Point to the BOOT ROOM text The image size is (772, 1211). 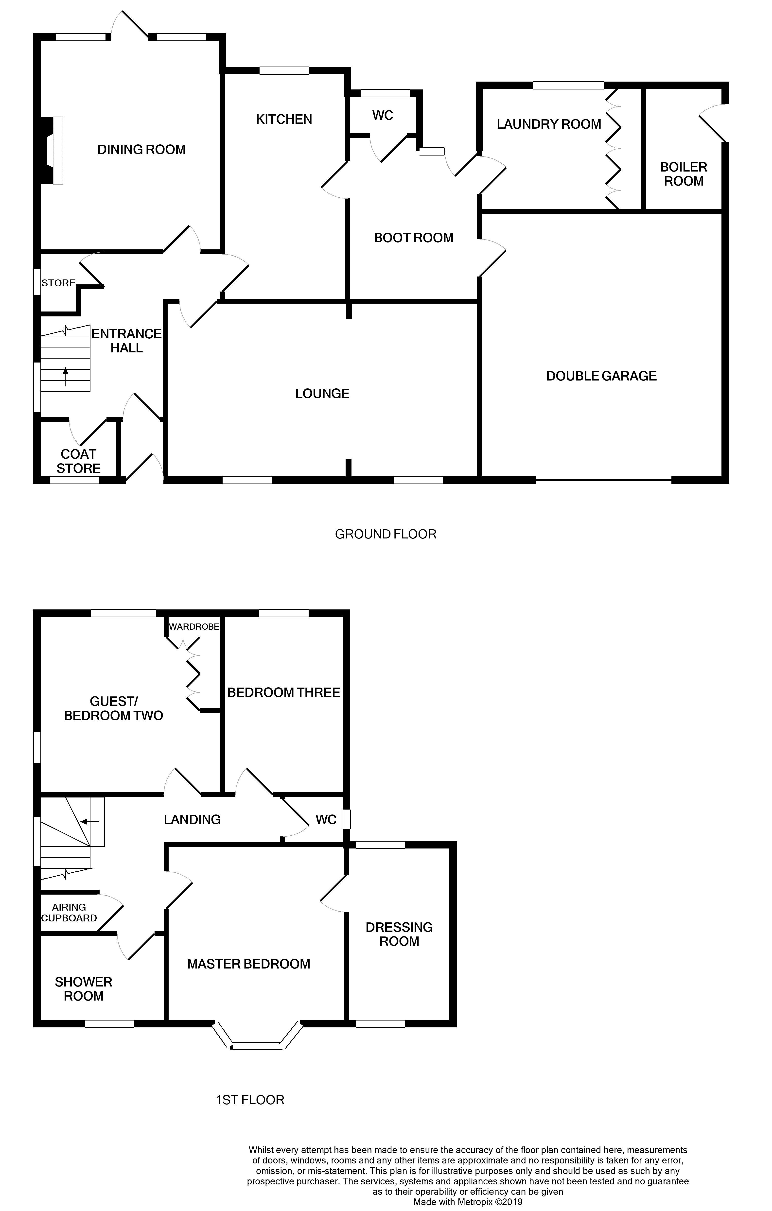click(x=413, y=238)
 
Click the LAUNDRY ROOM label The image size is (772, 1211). click(x=549, y=124)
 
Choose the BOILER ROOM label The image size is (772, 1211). click(x=684, y=174)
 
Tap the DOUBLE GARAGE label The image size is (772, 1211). click(x=601, y=376)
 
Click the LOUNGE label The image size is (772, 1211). click(x=322, y=393)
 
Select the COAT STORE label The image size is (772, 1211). click(x=78, y=461)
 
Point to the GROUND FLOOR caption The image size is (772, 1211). click(x=386, y=534)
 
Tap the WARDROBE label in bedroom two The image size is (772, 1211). click(x=194, y=627)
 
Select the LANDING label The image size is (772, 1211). click(x=192, y=820)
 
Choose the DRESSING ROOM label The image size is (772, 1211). click(x=399, y=934)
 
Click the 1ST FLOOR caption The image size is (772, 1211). click(x=250, y=1100)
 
